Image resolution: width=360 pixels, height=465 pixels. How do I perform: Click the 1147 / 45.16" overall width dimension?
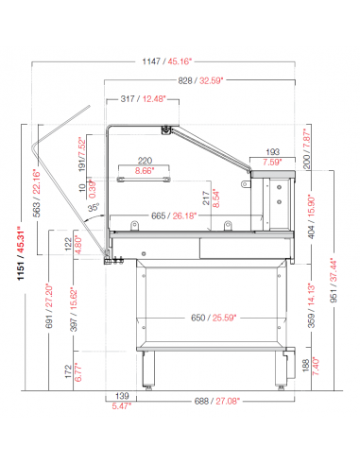pos(166,61)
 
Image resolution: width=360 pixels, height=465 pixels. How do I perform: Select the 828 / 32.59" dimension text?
pos(200,80)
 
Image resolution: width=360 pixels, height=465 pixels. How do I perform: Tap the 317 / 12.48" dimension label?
pos(143,99)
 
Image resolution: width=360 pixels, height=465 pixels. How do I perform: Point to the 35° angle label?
pos(94,208)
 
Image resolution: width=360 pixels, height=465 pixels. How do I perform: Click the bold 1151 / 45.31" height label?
pos(21,253)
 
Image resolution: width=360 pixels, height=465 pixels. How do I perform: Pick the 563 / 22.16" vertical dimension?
pos(37,193)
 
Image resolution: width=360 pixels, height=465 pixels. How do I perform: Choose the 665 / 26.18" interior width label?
pos(174,215)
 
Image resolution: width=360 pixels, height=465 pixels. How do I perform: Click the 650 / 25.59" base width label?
pos(214,318)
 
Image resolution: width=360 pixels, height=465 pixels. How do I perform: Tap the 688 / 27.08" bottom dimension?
pos(217,401)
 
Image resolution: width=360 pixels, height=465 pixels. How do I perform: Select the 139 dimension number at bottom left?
pos(122,396)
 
